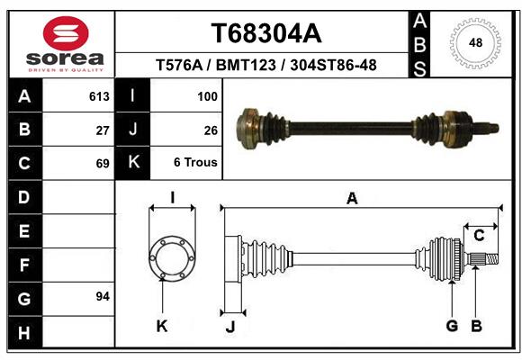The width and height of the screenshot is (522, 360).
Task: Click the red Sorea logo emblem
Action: click(66, 33)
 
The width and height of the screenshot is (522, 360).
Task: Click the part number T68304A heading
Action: click(266, 33)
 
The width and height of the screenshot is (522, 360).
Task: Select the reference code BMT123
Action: click(246, 65)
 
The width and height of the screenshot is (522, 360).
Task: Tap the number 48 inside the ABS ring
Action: click(475, 42)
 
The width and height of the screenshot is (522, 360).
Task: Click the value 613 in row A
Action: click(99, 96)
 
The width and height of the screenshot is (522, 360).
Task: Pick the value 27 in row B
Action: click(103, 130)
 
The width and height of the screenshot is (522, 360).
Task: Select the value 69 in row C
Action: click(103, 164)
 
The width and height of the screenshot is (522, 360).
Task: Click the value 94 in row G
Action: click(103, 296)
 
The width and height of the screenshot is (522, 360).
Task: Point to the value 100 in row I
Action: click(207, 96)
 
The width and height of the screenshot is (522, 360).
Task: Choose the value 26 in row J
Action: click(211, 130)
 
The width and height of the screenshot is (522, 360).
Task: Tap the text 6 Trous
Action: click(195, 162)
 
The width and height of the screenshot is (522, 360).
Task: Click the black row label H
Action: click(24, 333)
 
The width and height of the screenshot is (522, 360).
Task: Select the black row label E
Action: click(24, 230)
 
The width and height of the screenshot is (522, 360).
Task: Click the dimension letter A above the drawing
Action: click(352, 199)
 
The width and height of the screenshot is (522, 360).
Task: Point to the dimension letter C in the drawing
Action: click(479, 236)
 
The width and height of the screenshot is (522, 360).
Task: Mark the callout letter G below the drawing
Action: click(452, 326)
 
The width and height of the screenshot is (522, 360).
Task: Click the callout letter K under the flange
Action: click(162, 327)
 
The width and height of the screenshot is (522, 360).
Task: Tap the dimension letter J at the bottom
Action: click(230, 327)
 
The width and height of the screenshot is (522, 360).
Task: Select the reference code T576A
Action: click(179, 65)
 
